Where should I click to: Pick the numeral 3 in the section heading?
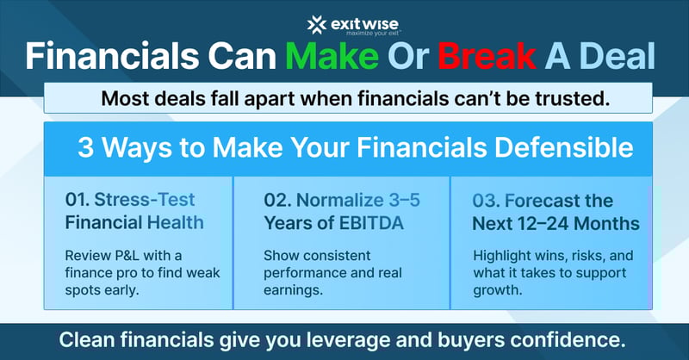click(x=87, y=147)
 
